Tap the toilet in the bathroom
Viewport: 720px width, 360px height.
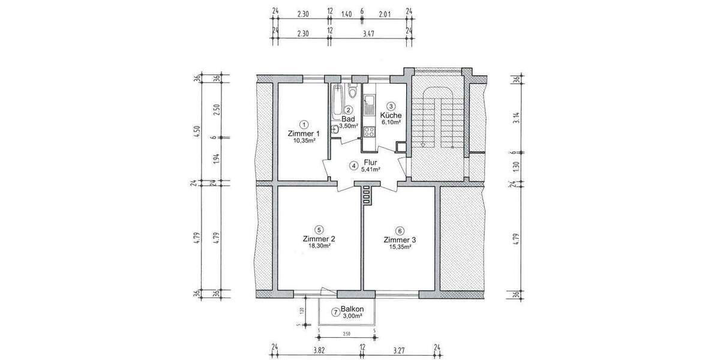352,94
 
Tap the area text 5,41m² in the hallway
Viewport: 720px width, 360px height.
370,170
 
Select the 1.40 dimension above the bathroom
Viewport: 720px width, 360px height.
346,11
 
